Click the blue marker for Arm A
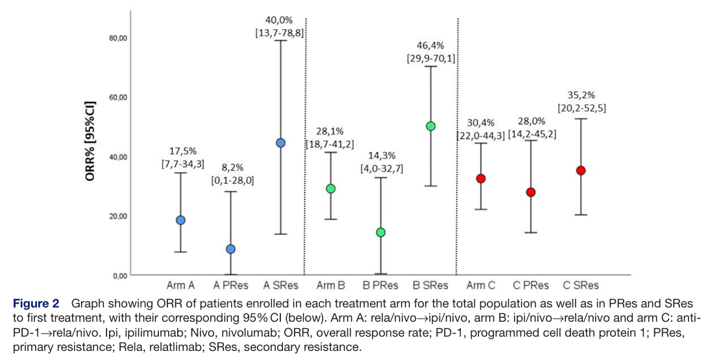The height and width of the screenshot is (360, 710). tap(180, 220)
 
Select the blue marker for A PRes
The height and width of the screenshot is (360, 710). tap(230, 249)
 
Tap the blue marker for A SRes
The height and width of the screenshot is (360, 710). tap(280, 143)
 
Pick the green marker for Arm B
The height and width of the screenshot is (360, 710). tap(330, 188)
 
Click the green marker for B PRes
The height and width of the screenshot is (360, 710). tap(381, 232)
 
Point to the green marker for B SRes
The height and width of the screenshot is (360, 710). tap(430, 126)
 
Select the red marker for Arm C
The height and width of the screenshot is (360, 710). tap(481, 178)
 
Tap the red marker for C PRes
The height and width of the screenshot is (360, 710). tap(531, 192)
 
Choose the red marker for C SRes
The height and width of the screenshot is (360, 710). tap(581, 171)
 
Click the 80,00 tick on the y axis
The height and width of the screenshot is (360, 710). tap(117, 38)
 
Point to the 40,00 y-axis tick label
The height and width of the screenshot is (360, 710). tap(117, 157)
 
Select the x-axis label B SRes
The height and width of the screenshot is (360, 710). tap(430, 285)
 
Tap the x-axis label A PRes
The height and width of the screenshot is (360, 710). tap(230, 285)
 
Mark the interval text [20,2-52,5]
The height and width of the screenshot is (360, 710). tap(581, 108)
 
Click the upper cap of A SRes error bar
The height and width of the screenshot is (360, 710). tap(280, 40)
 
